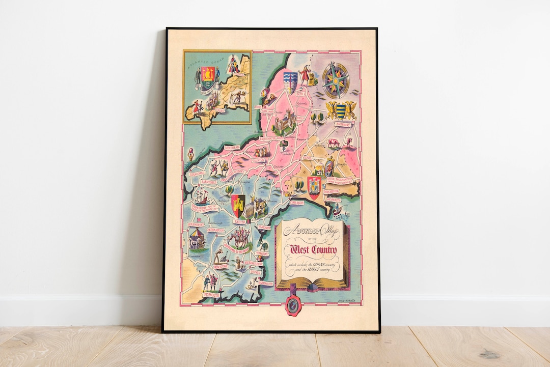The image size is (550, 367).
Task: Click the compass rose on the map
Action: point(335,80)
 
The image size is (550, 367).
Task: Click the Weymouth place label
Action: point(335,200)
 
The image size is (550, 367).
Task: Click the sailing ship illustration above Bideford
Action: point(199,195)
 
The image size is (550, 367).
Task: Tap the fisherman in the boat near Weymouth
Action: point(343,208)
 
